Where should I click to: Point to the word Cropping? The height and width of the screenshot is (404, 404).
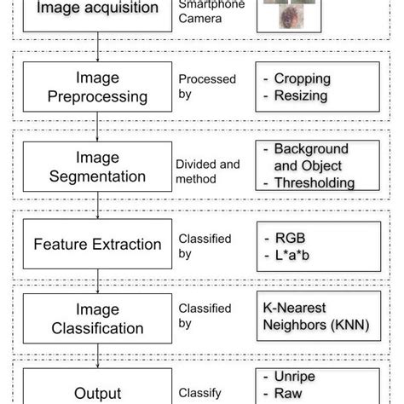pyautogui.click(x=302, y=78)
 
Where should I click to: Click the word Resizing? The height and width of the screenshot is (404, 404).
pyautogui.click(x=300, y=95)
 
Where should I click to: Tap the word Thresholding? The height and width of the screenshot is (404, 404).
pyautogui.click(x=314, y=182)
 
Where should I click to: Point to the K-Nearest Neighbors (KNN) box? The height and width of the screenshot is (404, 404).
pyautogui.click(x=315, y=315)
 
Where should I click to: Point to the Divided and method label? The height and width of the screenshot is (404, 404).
pyautogui.click(x=207, y=170)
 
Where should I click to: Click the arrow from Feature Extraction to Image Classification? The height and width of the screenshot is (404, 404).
pyautogui.click(x=97, y=281)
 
